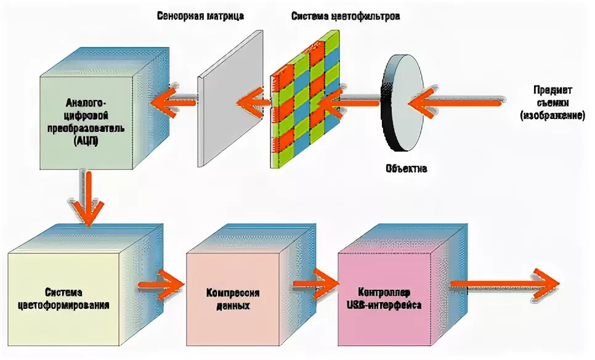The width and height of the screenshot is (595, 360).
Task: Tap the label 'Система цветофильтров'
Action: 346,16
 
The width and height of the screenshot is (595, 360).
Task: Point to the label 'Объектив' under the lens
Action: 406,168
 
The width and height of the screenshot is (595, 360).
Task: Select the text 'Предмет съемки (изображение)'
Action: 552,101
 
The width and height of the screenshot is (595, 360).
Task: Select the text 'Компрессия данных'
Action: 233,298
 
